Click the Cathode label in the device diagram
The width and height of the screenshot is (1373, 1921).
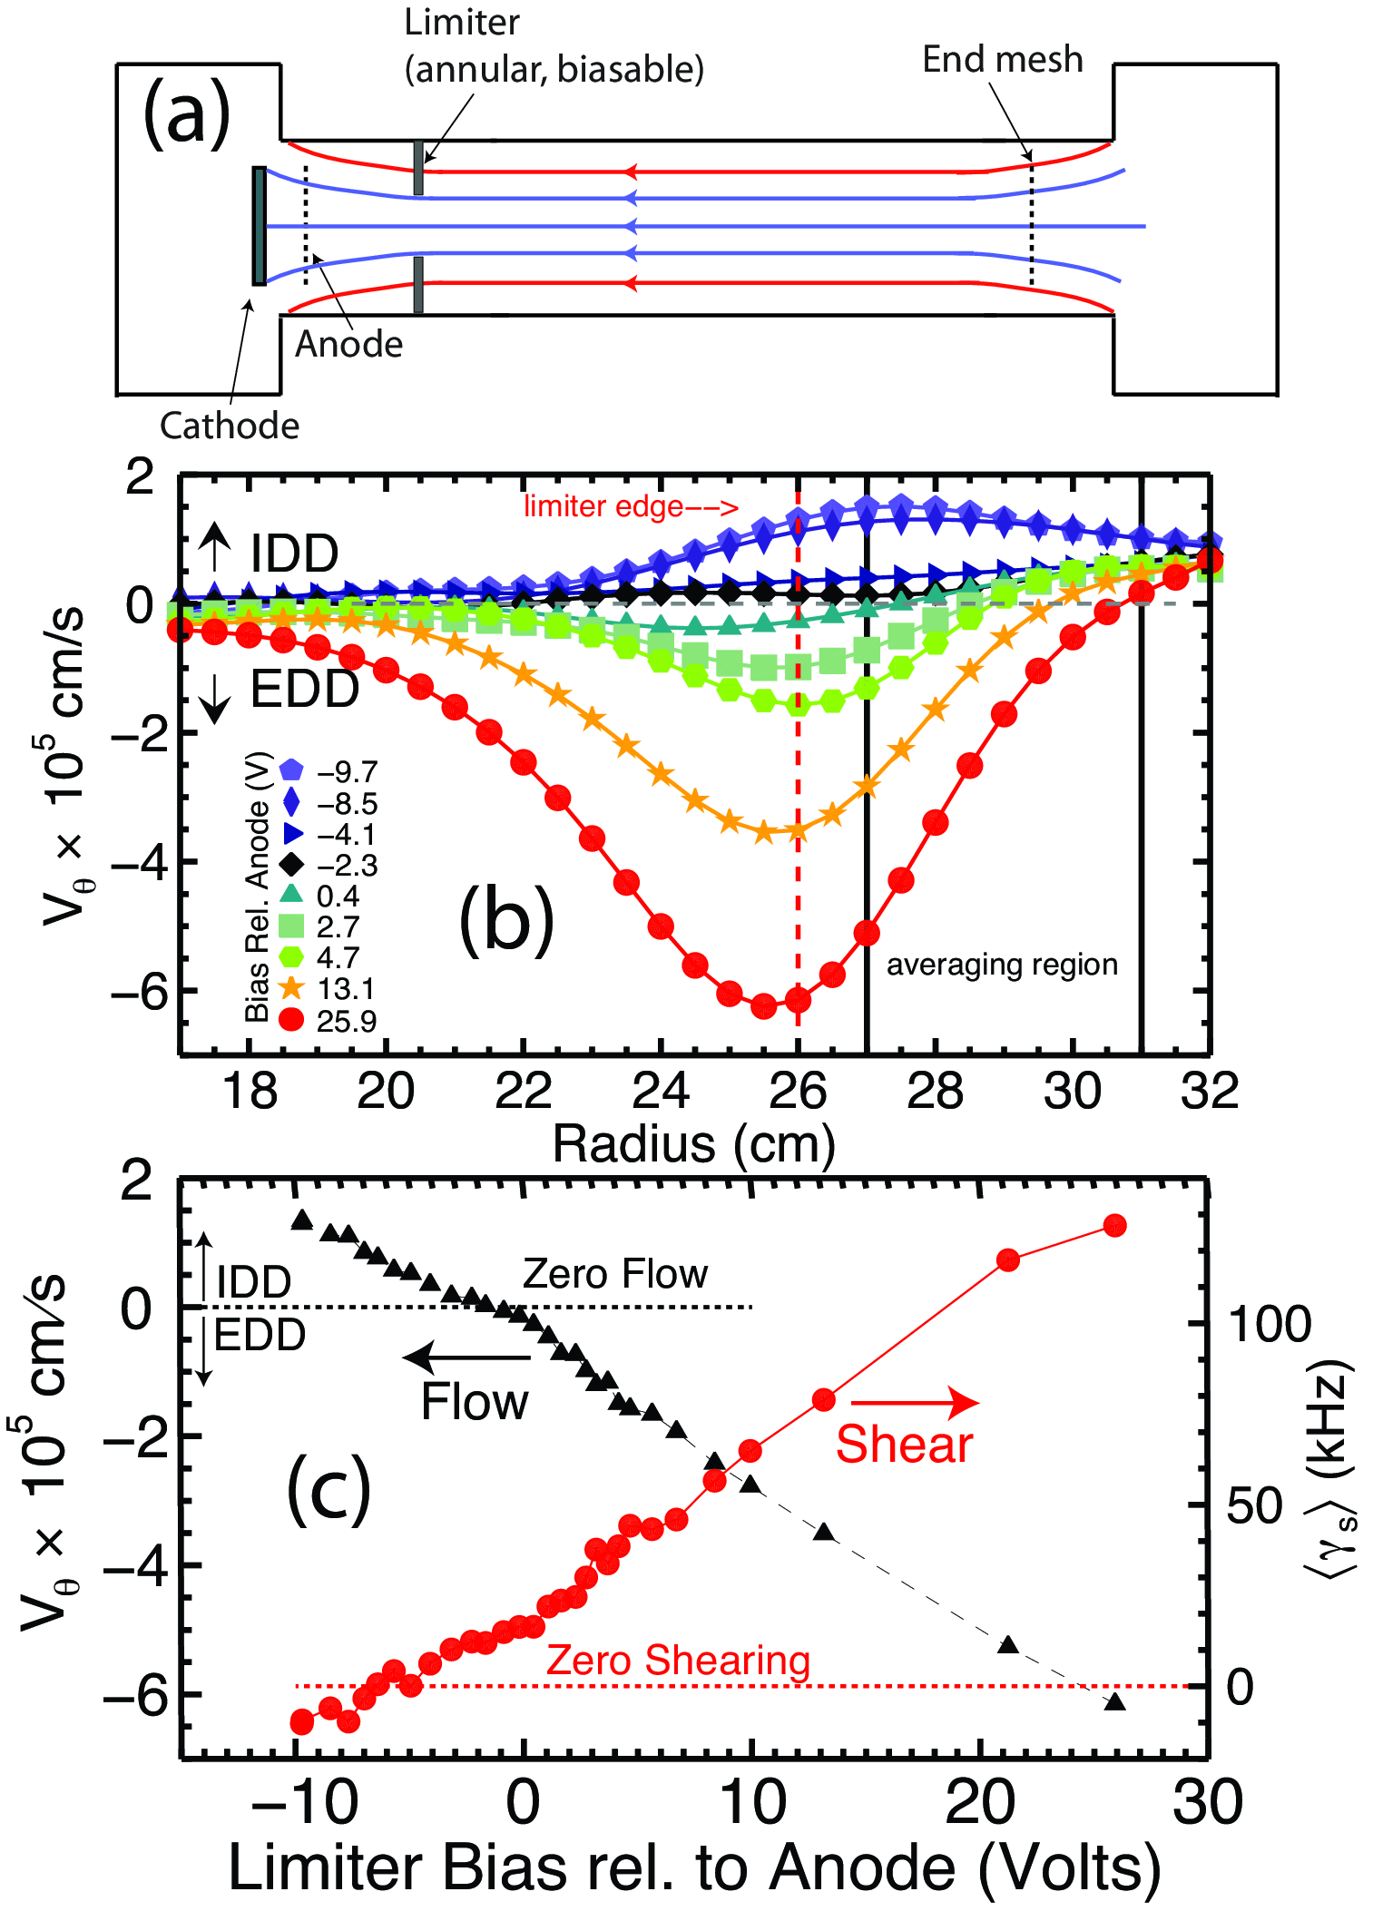pos(230,426)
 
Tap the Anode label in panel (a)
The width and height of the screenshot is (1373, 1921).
pos(349,345)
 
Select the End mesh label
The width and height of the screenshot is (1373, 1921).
pos(1003,60)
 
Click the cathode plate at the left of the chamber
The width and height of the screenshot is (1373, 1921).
pos(260,226)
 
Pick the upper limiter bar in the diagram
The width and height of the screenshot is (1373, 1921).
pos(418,168)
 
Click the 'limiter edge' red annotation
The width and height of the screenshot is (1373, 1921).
pos(631,506)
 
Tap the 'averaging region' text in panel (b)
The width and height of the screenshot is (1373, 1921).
pos(1002,965)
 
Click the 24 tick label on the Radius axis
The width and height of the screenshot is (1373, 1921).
pos(661,1091)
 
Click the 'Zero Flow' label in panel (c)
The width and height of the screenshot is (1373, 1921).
pos(615,1274)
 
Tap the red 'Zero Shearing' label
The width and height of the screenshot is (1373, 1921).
pos(678,1661)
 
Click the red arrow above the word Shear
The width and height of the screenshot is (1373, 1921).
pos(915,1403)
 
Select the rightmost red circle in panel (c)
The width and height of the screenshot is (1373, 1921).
pos(1115,1226)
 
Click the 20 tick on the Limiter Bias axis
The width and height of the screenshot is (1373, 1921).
pos(980,1801)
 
